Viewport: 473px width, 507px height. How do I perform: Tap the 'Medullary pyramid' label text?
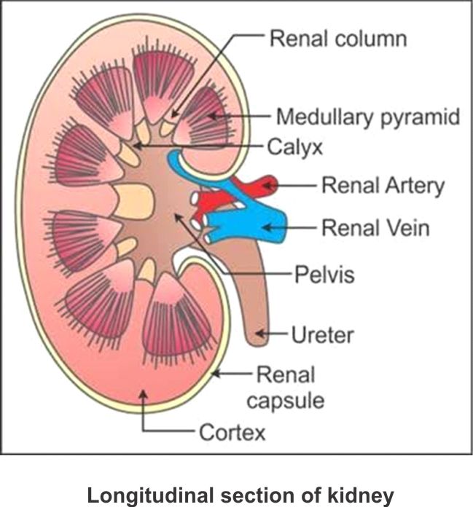(x=367, y=117)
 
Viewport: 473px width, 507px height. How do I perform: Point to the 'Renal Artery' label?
(x=382, y=186)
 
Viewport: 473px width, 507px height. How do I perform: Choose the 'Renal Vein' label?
(x=375, y=229)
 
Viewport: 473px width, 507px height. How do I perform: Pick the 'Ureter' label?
(x=322, y=336)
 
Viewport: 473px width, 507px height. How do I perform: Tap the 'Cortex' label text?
(x=232, y=433)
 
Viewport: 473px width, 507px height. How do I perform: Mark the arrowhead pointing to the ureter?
(x=267, y=337)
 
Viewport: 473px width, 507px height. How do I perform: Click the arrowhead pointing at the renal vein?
(x=264, y=229)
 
